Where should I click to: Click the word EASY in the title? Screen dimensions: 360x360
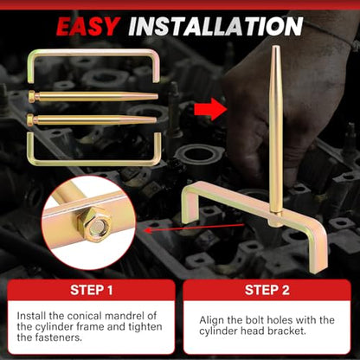click(88, 27)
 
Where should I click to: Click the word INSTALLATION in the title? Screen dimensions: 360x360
click(215, 27)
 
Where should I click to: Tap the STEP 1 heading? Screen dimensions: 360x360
click(92, 290)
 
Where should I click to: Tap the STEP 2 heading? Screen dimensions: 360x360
click(267, 290)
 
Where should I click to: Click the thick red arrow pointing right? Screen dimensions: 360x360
click(210, 109)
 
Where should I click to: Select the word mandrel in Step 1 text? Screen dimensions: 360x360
click(125, 316)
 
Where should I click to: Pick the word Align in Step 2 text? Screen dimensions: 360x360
click(210, 320)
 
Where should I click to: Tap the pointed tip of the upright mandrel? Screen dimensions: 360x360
click(274, 46)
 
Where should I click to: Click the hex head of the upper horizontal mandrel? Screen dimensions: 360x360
click(31, 95)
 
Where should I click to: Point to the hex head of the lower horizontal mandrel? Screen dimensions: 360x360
click(30, 119)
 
